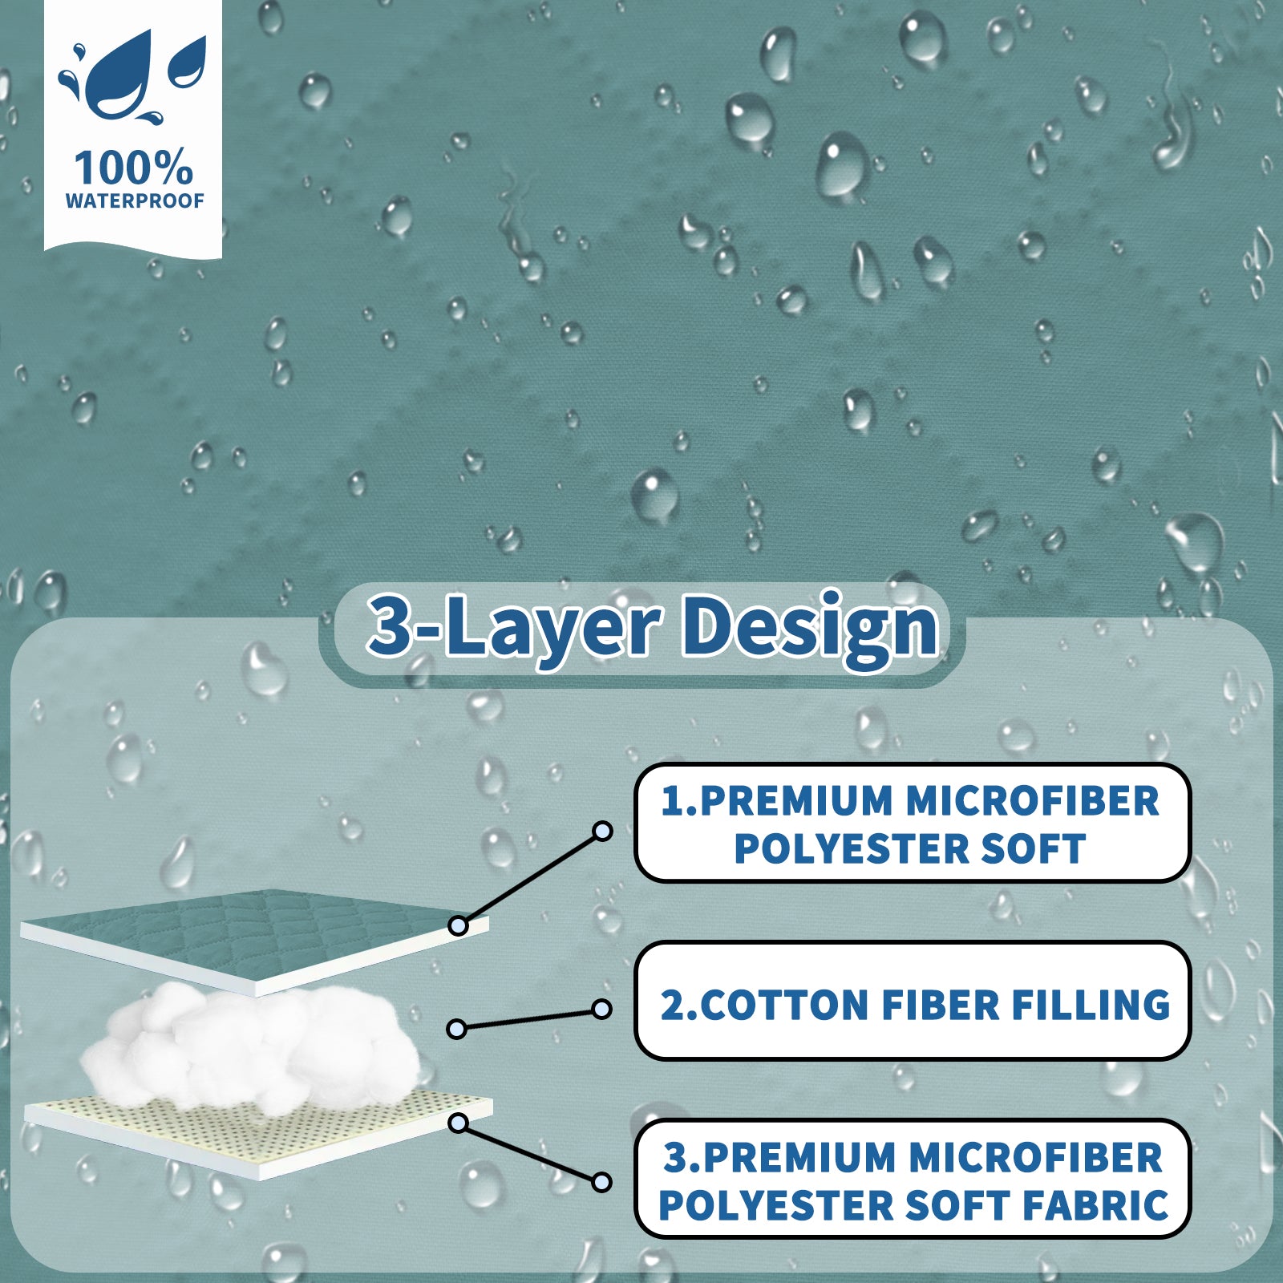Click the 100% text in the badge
point(133,168)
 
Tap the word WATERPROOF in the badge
point(135,200)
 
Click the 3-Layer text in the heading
point(513,627)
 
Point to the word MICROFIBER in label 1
point(1033,801)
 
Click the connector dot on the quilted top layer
point(458,926)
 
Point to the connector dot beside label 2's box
point(601,1009)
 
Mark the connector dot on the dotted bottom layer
point(458,1123)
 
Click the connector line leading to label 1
point(529,879)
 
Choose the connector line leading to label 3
point(529,1152)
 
